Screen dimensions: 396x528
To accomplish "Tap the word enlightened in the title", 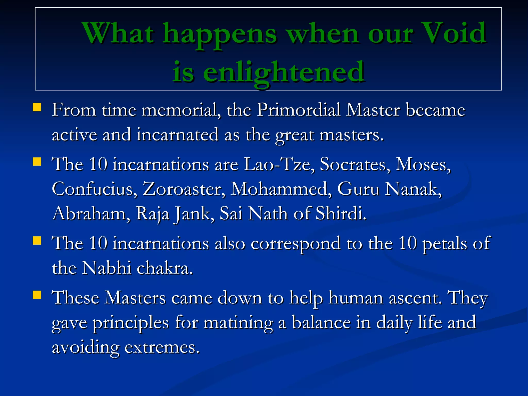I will [284, 72].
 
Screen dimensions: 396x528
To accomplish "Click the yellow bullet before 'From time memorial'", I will [37, 107].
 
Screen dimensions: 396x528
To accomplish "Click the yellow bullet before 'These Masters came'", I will [37, 295].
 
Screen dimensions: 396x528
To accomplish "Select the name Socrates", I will [355, 164].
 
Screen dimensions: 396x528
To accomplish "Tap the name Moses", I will [423, 164].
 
